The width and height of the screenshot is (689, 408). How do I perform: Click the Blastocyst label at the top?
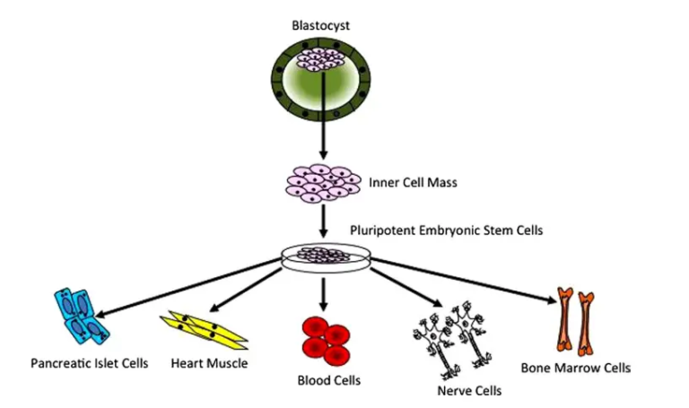[320, 25]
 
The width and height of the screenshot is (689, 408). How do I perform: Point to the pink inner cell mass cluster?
[320, 182]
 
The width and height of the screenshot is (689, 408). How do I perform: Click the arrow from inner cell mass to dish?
[320, 218]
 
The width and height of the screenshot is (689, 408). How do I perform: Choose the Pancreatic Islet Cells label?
[89, 364]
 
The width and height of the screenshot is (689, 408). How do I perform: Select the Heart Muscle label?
[208, 364]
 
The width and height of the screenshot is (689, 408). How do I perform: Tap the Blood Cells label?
[328, 380]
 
